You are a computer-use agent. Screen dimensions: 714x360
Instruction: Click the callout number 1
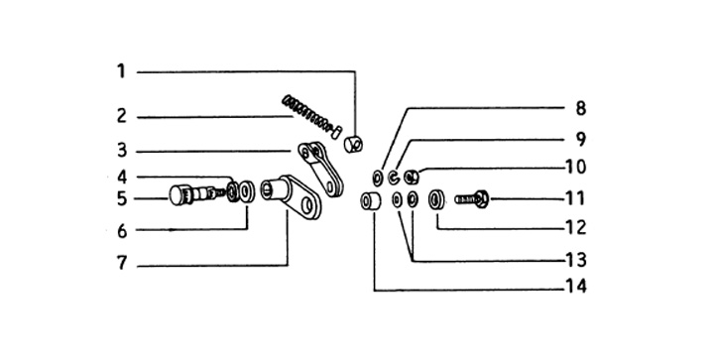pos(121,71)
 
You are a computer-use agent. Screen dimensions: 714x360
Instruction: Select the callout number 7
pos(121,263)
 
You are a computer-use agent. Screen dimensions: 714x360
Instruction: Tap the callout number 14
pos(575,287)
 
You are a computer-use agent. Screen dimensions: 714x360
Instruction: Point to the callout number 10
pos(575,167)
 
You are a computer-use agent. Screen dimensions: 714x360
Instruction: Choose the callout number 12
pos(575,227)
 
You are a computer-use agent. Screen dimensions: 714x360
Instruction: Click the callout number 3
pos(122,150)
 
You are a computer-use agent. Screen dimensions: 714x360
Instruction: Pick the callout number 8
pos(580,109)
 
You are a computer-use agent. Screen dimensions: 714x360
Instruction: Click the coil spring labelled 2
pos(306,113)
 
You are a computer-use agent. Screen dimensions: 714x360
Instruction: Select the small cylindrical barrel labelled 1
pos(353,144)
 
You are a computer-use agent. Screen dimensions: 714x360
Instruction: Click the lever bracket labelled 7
pos(295,195)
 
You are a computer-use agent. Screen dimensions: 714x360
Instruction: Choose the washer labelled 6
pos(246,191)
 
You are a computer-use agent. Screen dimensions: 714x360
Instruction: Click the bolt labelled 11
pos(472,199)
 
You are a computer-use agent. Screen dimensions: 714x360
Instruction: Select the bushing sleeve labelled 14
pos(371,200)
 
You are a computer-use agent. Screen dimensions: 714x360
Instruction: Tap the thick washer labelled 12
pos(436,199)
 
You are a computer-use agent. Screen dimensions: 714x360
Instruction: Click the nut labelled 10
pos(412,177)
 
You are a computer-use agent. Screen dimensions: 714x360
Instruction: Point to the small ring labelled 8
pos(378,178)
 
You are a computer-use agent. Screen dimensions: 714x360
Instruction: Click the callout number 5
pos(122,199)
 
